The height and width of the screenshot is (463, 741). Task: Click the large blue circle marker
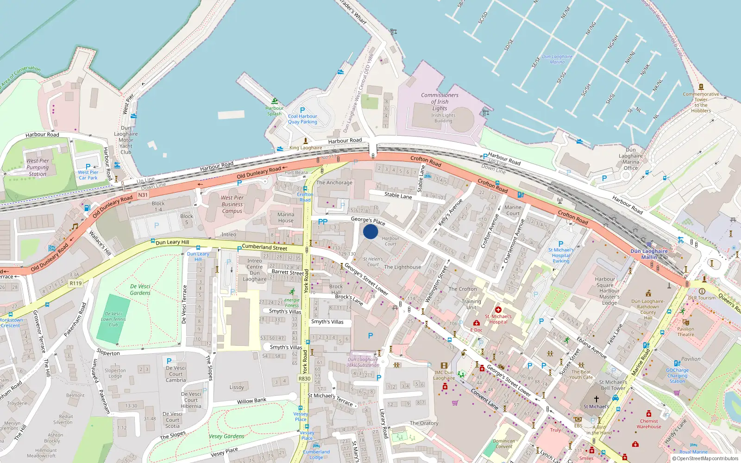(370, 231)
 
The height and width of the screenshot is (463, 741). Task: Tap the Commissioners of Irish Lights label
(440, 101)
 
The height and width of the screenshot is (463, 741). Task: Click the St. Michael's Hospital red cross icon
(498, 310)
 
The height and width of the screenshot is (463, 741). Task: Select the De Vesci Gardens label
(140, 289)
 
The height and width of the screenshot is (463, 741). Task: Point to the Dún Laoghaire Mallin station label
(649, 254)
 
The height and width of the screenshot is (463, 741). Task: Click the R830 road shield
(304, 378)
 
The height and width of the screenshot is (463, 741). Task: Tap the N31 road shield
(143, 195)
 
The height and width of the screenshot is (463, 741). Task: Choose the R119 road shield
(75, 283)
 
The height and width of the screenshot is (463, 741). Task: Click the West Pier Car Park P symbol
(88, 167)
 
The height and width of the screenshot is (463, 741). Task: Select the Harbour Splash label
(274, 111)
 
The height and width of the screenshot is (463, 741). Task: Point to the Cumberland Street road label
(264, 247)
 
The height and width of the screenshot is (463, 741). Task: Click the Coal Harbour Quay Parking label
(302, 119)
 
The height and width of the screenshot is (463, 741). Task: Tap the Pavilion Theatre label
(685, 332)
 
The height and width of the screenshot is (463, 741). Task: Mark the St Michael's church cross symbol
(597, 399)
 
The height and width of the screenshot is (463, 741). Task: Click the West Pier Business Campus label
(232, 204)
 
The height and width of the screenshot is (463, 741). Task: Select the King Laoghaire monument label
(306, 148)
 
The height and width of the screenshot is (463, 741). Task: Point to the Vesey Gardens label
(226, 436)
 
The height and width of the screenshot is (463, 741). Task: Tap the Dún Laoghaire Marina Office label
(630, 159)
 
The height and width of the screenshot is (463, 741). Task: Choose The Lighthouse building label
(402, 267)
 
